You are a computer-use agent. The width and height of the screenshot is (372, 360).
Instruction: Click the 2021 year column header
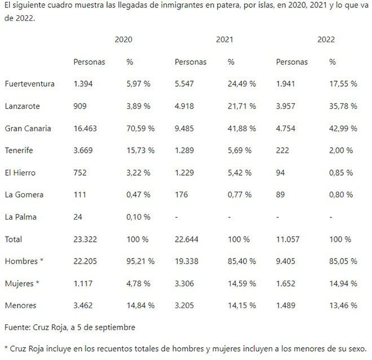point(224,40)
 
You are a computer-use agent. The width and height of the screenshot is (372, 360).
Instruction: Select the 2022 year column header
point(326,40)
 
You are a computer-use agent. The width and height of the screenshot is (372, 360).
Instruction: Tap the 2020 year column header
point(123,40)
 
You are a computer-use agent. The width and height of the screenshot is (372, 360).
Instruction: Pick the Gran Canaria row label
point(28,128)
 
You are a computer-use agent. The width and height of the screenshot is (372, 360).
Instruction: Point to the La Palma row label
point(20,217)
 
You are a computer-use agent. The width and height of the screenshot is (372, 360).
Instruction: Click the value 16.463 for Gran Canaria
point(85,128)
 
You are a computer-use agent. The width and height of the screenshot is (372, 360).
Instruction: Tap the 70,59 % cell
point(140,128)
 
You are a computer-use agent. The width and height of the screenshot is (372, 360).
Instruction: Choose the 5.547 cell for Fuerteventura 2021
point(186,84)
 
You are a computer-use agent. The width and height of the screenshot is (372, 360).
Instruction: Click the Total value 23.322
point(85,239)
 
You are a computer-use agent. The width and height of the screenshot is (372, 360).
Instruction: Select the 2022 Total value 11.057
point(287,239)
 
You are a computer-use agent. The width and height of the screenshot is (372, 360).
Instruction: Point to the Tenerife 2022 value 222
point(282,150)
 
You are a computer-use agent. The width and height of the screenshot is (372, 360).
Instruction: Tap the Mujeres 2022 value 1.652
point(287,283)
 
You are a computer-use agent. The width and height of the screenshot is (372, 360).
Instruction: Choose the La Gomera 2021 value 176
point(181,195)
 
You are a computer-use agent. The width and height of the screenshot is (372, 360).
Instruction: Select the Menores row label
point(20,305)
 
